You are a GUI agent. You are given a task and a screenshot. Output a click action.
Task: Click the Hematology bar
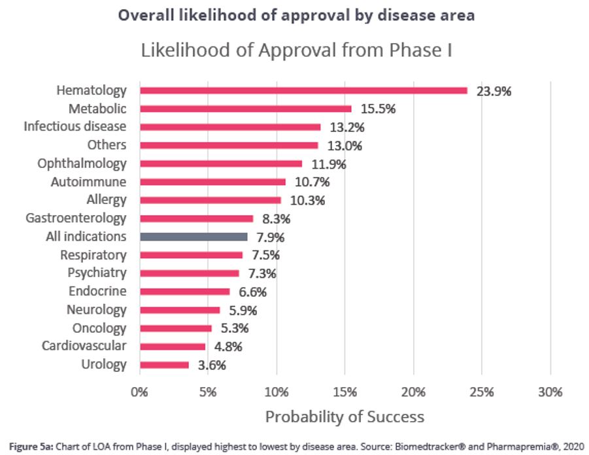tap(303, 90)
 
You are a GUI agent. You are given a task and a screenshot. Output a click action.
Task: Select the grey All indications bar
tap(194, 237)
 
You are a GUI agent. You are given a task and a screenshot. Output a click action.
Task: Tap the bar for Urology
tap(164, 365)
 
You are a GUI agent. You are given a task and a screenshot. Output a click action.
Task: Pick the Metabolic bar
tap(245, 109)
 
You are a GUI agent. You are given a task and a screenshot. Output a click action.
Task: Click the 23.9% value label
tap(494, 91)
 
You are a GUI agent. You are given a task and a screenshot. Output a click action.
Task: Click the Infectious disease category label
tap(75, 126)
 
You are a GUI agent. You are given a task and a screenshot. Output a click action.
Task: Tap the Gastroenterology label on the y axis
tap(76, 218)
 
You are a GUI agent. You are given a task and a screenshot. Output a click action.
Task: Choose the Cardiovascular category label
tap(84, 346)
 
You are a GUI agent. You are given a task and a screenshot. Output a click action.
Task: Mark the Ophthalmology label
tap(82, 163)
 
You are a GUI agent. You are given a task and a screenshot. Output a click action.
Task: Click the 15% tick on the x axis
tap(345, 392)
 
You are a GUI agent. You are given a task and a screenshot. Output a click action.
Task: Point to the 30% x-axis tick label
tap(550, 392)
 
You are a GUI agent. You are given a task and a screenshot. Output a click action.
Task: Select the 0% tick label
tap(139, 392)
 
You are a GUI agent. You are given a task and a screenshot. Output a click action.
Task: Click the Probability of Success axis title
tap(345, 416)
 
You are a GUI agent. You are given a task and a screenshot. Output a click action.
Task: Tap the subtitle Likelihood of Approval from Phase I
tap(297, 50)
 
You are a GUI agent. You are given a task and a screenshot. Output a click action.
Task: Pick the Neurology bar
tap(180, 310)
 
